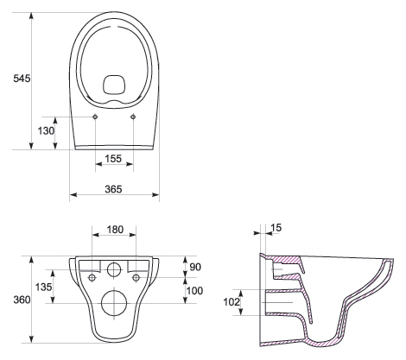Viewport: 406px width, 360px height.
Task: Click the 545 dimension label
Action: tap(22, 78)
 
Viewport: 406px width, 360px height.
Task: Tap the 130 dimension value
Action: tap(46, 131)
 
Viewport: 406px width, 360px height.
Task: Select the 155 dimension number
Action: tap(113, 159)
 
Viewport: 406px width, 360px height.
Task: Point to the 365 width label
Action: tap(113, 189)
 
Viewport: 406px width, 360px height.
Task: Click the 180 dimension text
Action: tap(115, 230)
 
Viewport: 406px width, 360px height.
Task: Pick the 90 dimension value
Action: tap(195, 267)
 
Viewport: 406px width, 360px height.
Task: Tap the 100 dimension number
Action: tap(195, 291)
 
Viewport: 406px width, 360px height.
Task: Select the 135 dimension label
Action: tap(44, 287)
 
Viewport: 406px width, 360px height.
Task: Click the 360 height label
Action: tap(22, 300)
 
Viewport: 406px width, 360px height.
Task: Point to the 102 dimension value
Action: tap(232, 302)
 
